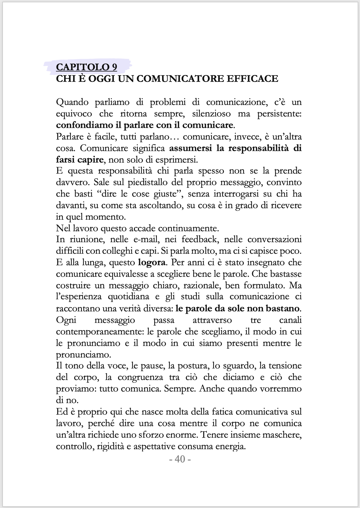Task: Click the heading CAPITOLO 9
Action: pyautogui.click(x=87, y=67)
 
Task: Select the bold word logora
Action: pyautogui.click(x=152, y=263)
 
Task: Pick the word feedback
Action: pyautogui.click(x=199, y=240)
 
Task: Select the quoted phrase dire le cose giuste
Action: pyautogui.click(x=144, y=194)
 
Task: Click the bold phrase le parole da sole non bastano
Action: pyautogui.click(x=237, y=309)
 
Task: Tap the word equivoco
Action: pyautogui.click(x=74, y=114)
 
